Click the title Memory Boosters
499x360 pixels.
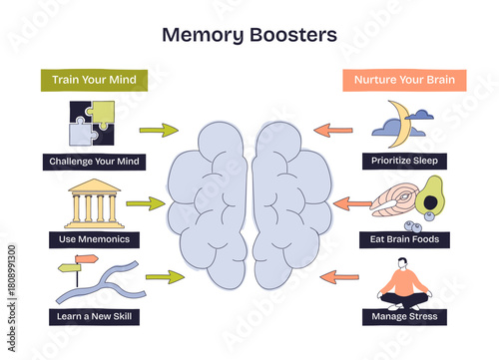click(x=249, y=35)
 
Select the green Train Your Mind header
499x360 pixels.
click(x=94, y=80)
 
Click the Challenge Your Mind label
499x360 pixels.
click(x=96, y=161)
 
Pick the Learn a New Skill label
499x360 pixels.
click(x=94, y=317)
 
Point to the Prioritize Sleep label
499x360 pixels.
click(x=404, y=161)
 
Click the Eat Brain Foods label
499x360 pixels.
click(x=404, y=239)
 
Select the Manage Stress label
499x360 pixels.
click(x=403, y=317)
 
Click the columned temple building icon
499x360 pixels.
click(x=94, y=203)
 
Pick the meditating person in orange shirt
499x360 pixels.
click(x=403, y=282)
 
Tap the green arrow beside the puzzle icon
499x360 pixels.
click(x=158, y=130)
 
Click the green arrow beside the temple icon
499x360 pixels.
click(x=145, y=203)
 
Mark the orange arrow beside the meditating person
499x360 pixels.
click(x=340, y=277)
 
